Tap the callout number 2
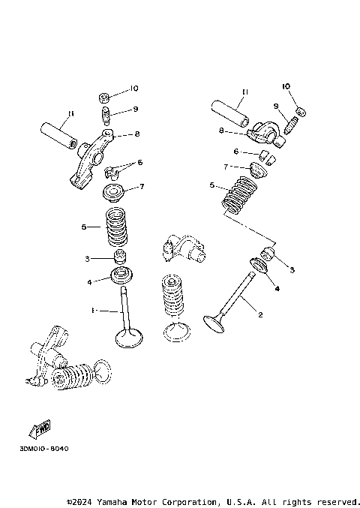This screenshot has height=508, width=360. coord(260,315)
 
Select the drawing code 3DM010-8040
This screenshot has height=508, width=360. coord(40,449)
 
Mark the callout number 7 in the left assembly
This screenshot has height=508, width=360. coord(139,186)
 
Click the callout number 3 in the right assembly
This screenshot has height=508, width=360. coord(292,269)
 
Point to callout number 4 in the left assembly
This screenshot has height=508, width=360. coord(88,282)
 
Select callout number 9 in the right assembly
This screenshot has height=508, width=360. coord(275,106)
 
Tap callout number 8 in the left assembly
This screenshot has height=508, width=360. coord(137,134)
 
